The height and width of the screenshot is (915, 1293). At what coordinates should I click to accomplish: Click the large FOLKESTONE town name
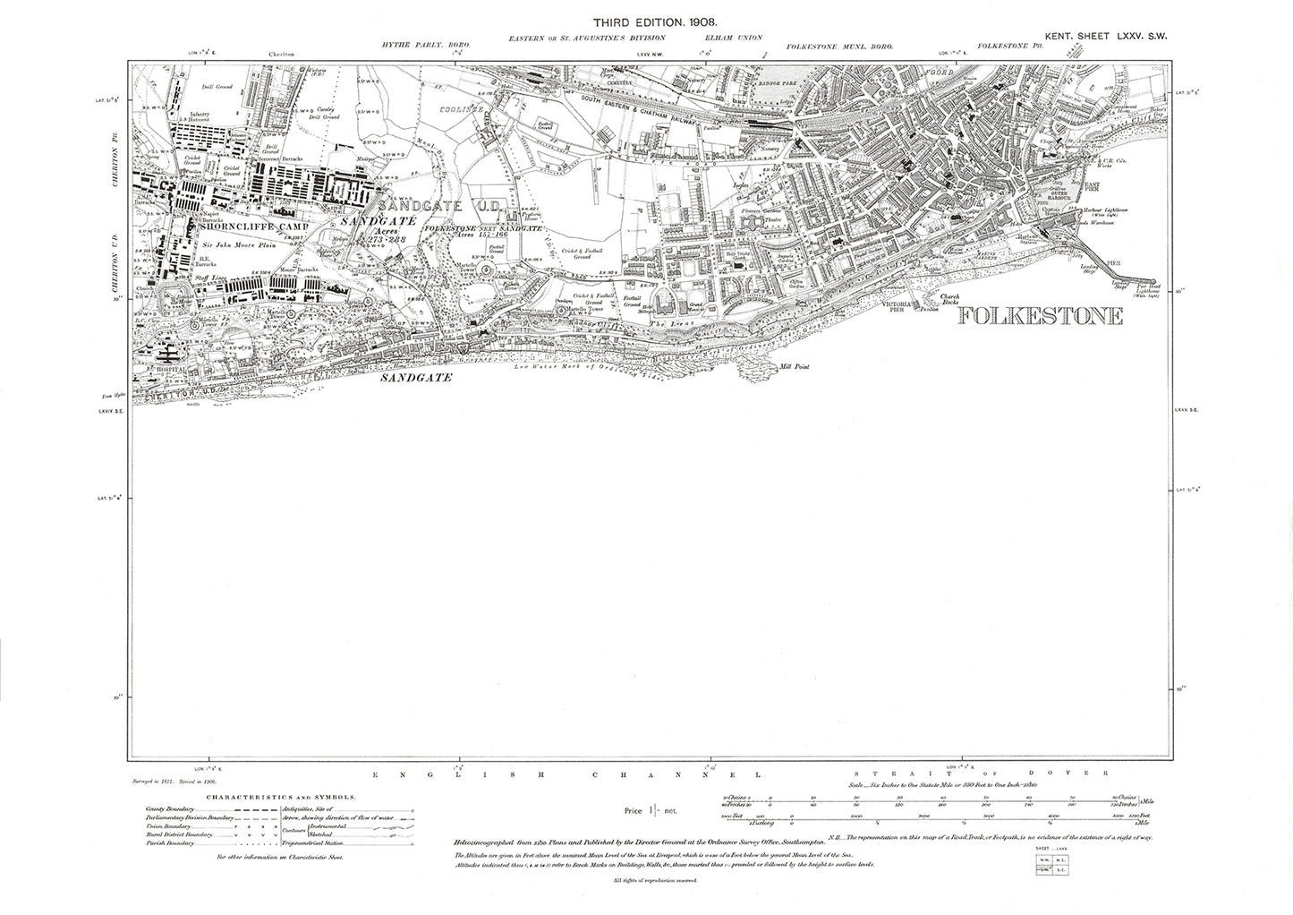point(1039,316)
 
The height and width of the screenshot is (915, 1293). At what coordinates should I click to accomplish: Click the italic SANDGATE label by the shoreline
point(414,379)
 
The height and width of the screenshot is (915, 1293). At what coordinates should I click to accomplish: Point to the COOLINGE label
point(461,109)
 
